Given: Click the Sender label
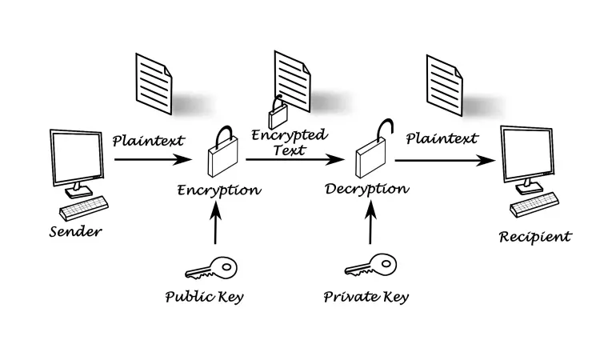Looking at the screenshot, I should pyautogui.click(x=76, y=232).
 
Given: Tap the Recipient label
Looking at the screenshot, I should pyautogui.click(x=535, y=236).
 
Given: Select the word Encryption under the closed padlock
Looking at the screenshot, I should pyautogui.click(x=218, y=190).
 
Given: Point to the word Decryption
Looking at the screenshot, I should pyautogui.click(x=367, y=190).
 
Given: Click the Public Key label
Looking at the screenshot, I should pyautogui.click(x=204, y=297).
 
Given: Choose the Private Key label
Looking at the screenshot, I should pyautogui.click(x=366, y=297).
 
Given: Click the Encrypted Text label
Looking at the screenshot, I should pyautogui.click(x=289, y=142).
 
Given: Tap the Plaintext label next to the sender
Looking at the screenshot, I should pyautogui.click(x=148, y=141).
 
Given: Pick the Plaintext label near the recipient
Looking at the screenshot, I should pyautogui.click(x=442, y=138).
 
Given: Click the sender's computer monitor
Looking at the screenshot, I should pyautogui.click(x=76, y=160).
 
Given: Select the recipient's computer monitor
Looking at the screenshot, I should pyautogui.click(x=527, y=156).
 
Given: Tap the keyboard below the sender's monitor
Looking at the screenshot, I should pyautogui.click(x=84, y=209).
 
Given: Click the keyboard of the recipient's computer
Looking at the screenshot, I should pyautogui.click(x=534, y=204).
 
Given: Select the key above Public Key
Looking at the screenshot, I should pyautogui.click(x=212, y=265).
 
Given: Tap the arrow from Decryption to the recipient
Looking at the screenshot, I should pyautogui.click(x=444, y=160).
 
